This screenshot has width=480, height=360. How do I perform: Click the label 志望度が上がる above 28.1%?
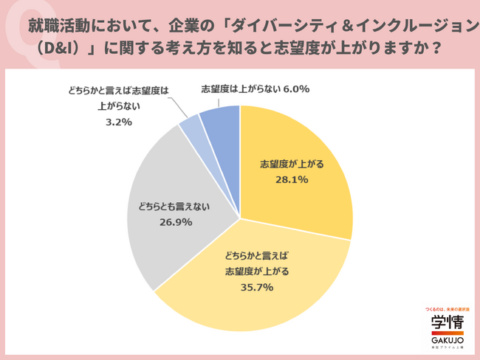(288, 164)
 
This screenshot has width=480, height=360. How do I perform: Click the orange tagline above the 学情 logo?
(448, 308)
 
